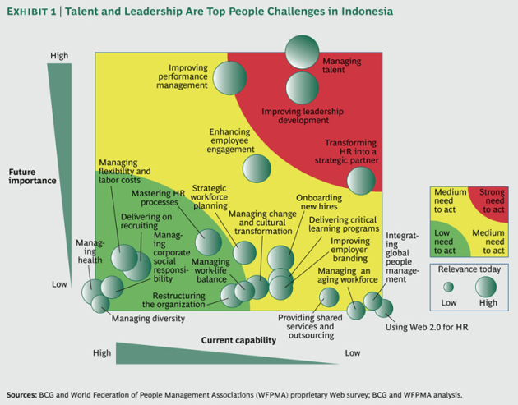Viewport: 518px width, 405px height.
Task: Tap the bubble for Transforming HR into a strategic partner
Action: tap(360, 181)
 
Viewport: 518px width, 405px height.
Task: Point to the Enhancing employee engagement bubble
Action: tap(257, 168)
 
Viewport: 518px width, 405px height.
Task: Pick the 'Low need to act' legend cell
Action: tap(448, 239)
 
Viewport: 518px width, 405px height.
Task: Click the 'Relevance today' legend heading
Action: tap(468, 269)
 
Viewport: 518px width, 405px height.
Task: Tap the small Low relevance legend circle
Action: tap(448, 288)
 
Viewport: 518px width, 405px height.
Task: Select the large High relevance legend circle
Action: tap(486, 287)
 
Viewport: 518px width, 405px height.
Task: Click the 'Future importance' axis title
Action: tap(33, 176)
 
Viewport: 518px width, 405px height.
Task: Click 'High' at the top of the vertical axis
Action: tap(59, 56)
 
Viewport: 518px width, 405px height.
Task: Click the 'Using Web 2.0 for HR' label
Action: tap(426, 329)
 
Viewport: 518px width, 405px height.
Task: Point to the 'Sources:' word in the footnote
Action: tap(22, 393)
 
